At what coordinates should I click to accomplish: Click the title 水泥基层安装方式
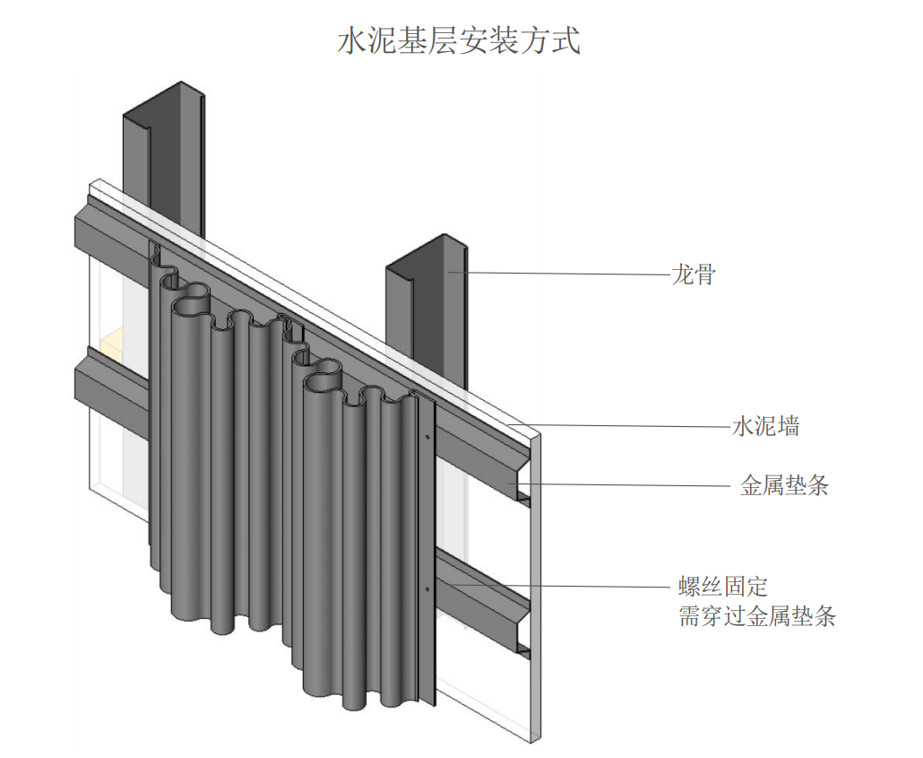point(459,41)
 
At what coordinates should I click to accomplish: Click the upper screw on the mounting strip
point(427,438)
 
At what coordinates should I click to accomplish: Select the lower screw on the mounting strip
point(427,588)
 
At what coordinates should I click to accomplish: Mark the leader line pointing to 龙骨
point(565,273)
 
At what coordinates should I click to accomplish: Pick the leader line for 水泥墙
point(627,426)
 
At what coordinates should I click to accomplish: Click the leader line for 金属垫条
point(627,485)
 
